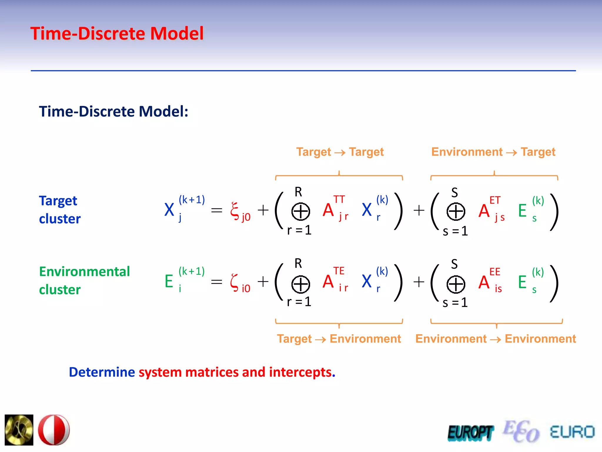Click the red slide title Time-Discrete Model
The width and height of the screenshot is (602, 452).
click(117, 34)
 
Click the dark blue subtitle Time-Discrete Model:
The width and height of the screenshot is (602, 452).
click(113, 112)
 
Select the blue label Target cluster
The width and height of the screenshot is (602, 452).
click(60, 210)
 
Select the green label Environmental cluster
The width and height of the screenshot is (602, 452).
click(84, 280)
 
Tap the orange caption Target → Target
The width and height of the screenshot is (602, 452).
click(340, 152)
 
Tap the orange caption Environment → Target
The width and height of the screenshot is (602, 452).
click(493, 152)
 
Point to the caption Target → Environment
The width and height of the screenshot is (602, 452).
click(339, 339)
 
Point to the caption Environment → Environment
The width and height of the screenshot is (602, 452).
click(495, 339)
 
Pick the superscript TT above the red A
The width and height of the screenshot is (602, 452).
click(339, 200)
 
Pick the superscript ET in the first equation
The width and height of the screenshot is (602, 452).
click(495, 200)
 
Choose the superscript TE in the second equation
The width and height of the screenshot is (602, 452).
click(339, 271)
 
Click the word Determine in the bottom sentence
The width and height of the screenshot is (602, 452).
click(102, 372)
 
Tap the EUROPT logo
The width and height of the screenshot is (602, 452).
click(470, 433)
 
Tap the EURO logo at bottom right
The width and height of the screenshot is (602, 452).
click(572, 432)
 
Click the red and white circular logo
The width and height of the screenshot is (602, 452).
click(54, 430)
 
